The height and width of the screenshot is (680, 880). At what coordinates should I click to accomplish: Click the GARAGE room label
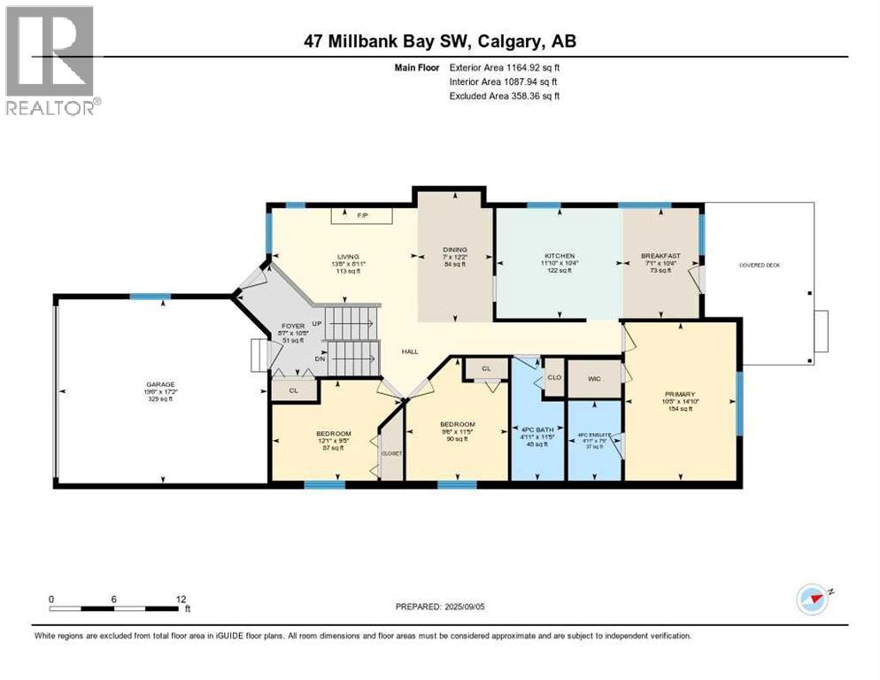pos(161,384)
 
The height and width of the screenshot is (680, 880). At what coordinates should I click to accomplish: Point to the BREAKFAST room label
pos(660,256)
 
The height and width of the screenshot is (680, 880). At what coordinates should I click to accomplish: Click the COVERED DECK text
pos(760,265)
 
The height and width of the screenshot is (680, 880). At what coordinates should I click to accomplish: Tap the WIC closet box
pos(594,378)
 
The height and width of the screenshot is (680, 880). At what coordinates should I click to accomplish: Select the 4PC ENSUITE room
pos(594,435)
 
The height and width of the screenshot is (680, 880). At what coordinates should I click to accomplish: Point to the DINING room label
pos(455,250)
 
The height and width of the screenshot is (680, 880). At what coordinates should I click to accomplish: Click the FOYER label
pos(292,326)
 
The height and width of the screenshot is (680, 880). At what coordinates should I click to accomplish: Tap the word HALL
pos(410,352)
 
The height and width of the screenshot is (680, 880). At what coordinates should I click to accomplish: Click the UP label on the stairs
pos(315,323)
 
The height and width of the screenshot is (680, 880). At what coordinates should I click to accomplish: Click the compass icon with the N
pos(811,599)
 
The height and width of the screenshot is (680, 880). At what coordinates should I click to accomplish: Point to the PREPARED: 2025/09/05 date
pos(440,607)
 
